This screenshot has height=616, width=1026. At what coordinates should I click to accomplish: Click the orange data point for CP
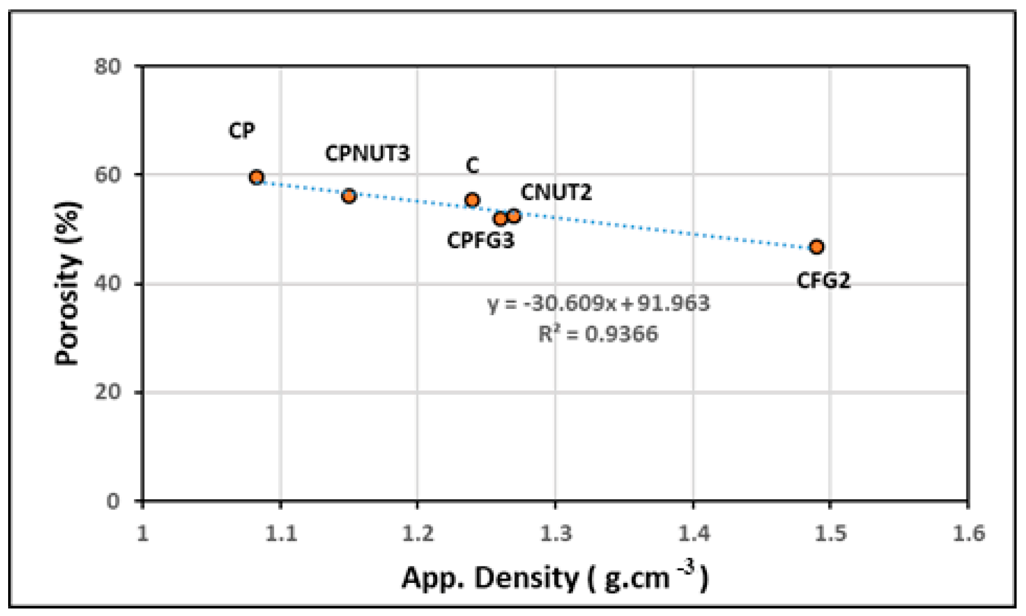click(x=256, y=177)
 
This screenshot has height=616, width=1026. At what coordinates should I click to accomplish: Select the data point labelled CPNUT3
click(x=349, y=196)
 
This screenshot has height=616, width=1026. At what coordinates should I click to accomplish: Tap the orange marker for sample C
click(x=472, y=200)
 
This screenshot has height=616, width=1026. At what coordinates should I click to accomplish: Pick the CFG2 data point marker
click(x=816, y=247)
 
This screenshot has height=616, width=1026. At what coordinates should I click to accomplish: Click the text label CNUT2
click(x=556, y=193)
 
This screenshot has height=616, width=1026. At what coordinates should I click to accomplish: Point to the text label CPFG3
click(x=480, y=240)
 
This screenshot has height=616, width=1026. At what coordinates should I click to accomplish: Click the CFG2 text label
click(x=823, y=281)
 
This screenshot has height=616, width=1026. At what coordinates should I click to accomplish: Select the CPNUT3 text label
click(x=367, y=153)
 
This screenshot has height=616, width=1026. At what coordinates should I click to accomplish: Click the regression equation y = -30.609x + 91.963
click(x=598, y=304)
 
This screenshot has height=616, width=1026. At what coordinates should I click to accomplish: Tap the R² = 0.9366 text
click(x=598, y=334)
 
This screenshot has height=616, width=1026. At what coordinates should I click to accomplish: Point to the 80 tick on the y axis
click(x=108, y=66)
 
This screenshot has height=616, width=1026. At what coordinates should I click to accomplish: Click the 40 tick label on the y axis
click(x=108, y=284)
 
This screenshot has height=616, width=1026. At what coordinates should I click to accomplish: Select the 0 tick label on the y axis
click(x=113, y=501)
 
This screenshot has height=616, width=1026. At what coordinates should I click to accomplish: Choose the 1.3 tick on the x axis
click(x=556, y=533)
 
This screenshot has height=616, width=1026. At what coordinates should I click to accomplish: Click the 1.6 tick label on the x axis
click(x=968, y=533)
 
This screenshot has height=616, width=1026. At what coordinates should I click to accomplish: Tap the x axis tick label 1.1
click(x=281, y=533)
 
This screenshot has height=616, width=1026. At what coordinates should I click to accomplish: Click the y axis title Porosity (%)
click(x=68, y=283)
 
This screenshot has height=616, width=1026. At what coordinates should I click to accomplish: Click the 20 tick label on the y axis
click(x=108, y=393)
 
